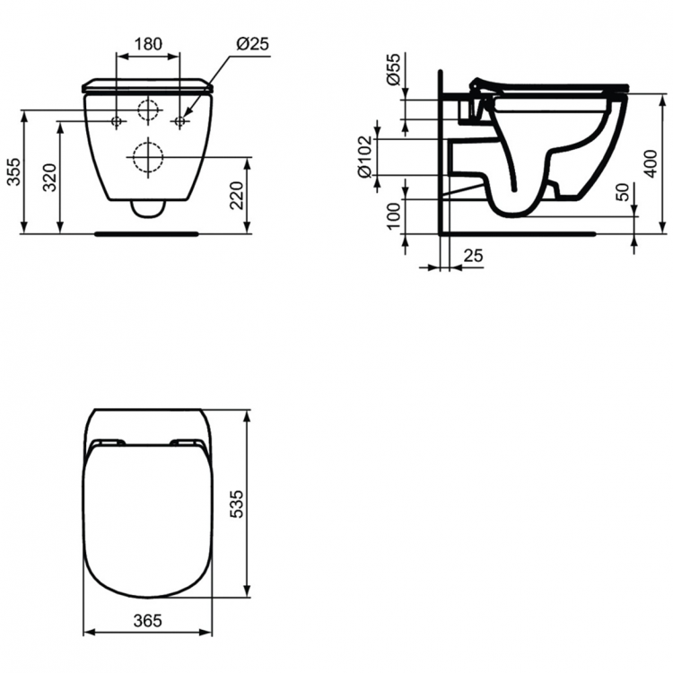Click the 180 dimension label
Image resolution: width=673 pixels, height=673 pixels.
tap(148, 42)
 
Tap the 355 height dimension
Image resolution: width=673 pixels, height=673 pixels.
tap(13, 171)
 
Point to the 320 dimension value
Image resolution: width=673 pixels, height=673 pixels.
tap(50, 178)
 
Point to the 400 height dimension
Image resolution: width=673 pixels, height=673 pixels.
tap(651, 162)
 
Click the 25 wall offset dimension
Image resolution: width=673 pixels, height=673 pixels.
tap(472, 256)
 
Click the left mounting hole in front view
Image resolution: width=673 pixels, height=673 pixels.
tap(117, 120)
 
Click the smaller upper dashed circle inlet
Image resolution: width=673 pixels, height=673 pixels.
tap(148, 110)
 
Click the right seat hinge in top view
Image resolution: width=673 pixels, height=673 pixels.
tap(187, 442)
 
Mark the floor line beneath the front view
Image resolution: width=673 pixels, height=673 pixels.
tap(148, 232)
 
